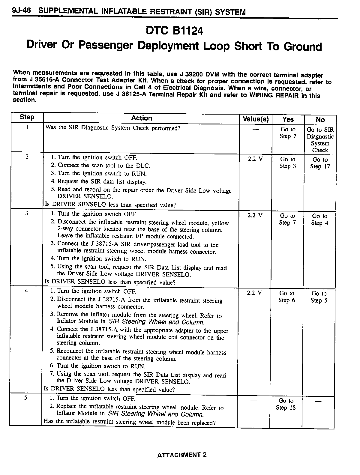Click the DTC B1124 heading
tap(174, 31)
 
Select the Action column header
tap(141, 118)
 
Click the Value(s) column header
tap(255, 119)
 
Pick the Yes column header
tap(288, 119)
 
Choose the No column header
tap(320, 120)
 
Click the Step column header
tap(27, 117)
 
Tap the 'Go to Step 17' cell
tap(320, 163)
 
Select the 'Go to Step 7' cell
tap(288, 219)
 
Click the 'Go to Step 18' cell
tap(286, 404)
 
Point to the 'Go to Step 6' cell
tap(287, 297)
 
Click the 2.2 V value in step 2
tap(255, 159)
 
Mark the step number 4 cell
tap(26, 290)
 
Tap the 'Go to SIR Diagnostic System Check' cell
tap(320, 140)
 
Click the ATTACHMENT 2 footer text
tap(182, 455)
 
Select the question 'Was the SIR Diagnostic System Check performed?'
tap(113, 128)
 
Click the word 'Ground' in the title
tap(303, 47)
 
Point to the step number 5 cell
tap(26, 398)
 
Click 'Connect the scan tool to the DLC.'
tap(104, 165)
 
